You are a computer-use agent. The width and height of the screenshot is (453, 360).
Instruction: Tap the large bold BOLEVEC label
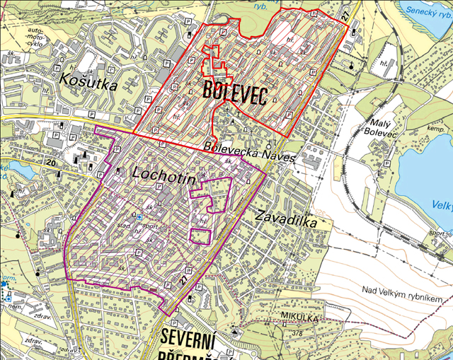(234, 91)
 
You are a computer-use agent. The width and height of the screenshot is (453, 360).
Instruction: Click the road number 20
(49, 163)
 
